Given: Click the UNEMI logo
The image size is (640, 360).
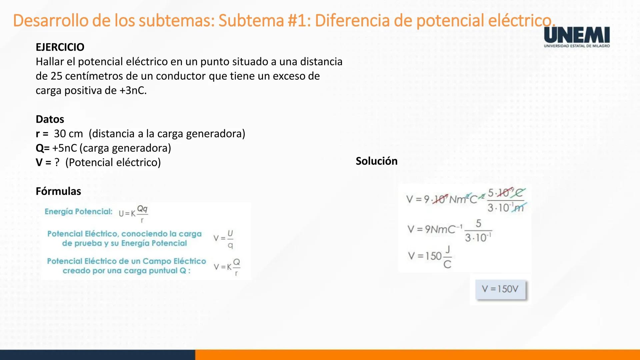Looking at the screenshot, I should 577,37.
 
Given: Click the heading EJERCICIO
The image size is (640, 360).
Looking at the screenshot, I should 60,47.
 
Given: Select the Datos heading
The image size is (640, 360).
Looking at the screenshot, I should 50,119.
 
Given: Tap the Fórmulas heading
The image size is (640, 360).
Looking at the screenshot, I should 58,191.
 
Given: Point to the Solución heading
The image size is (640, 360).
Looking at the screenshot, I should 376,161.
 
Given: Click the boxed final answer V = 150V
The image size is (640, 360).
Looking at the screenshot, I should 500,289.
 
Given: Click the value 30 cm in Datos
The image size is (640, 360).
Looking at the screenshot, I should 68,134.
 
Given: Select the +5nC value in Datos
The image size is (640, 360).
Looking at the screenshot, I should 65,148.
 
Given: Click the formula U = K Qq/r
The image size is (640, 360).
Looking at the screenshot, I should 133,214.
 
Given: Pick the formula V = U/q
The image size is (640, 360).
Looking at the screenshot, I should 224,239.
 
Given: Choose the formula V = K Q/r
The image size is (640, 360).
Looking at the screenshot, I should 227,267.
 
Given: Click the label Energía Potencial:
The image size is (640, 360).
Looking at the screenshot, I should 78,211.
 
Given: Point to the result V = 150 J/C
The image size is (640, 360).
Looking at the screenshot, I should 430,256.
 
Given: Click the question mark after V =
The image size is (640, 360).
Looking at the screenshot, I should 57,162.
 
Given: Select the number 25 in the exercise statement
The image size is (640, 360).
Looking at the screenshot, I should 56,76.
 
